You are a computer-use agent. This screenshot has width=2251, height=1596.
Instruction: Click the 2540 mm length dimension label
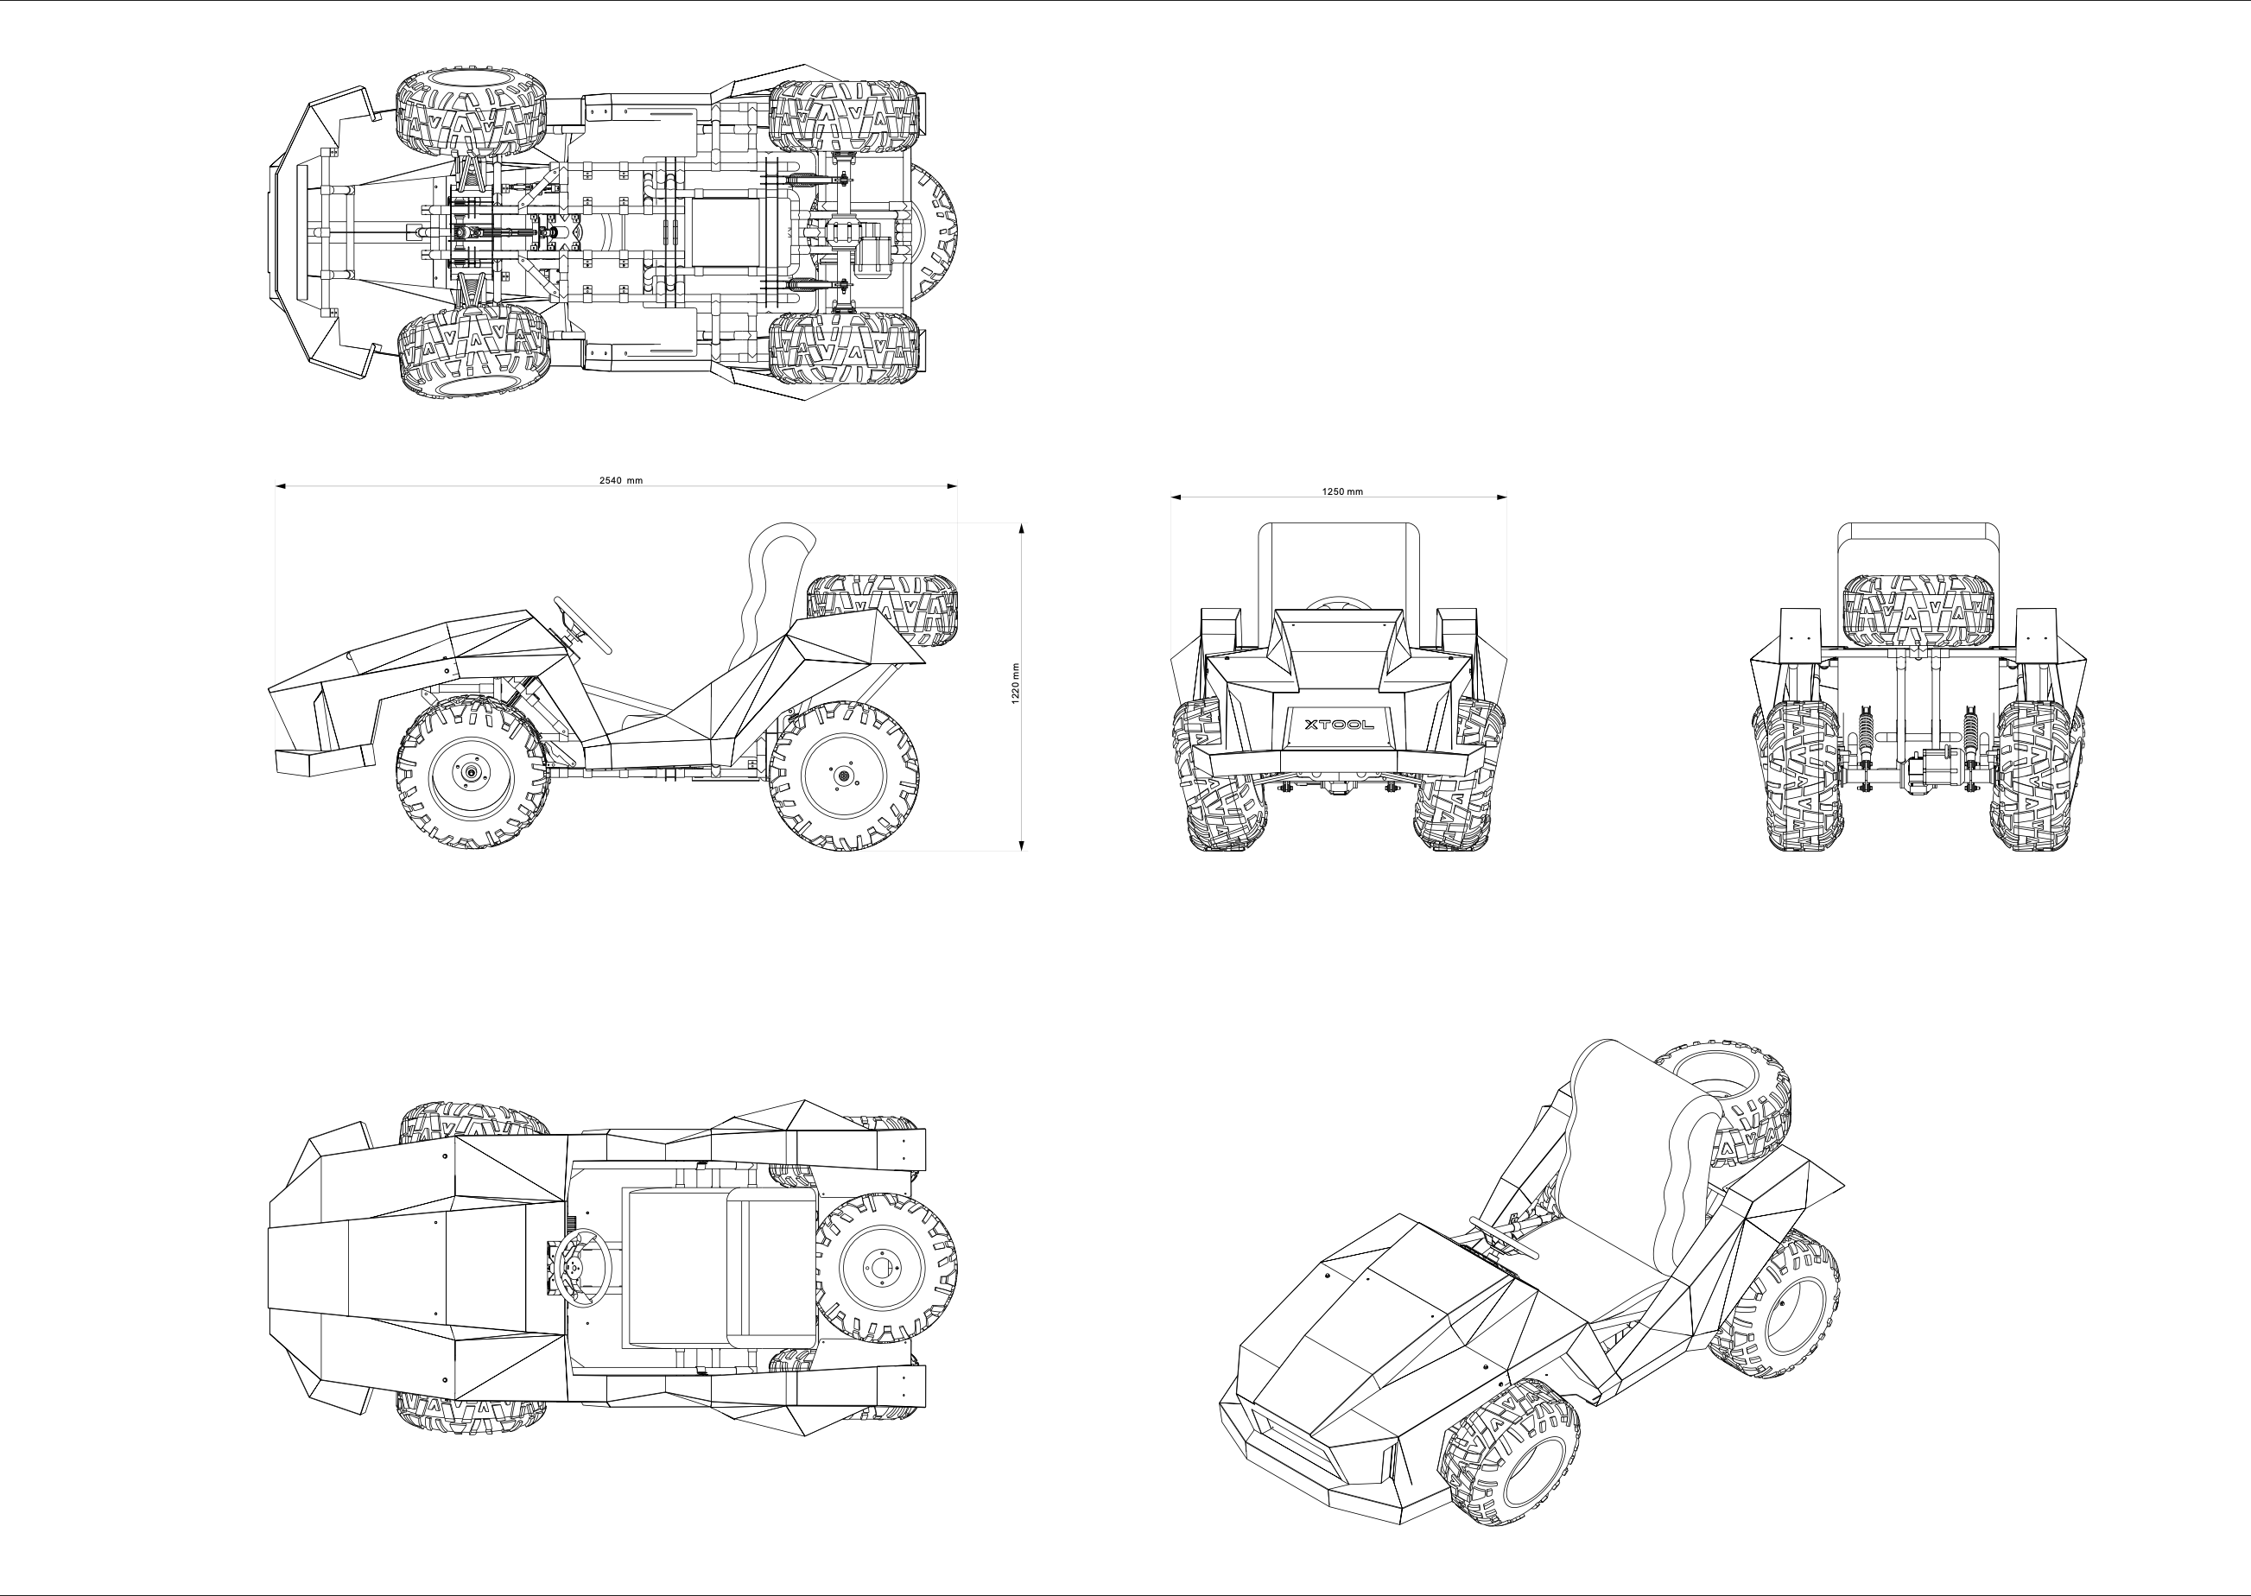pos(621,480)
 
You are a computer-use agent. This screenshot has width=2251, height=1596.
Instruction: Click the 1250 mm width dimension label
pos(1342,491)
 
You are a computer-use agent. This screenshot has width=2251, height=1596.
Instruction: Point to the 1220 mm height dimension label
pos(1016,682)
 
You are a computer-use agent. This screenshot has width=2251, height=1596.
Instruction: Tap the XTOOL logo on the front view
pos(1339,725)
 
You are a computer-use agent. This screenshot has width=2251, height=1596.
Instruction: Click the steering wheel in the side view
pos(582,625)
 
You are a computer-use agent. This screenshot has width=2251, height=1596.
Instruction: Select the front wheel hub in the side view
pos(472,772)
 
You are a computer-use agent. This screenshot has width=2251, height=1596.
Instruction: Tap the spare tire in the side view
pos(882,611)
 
